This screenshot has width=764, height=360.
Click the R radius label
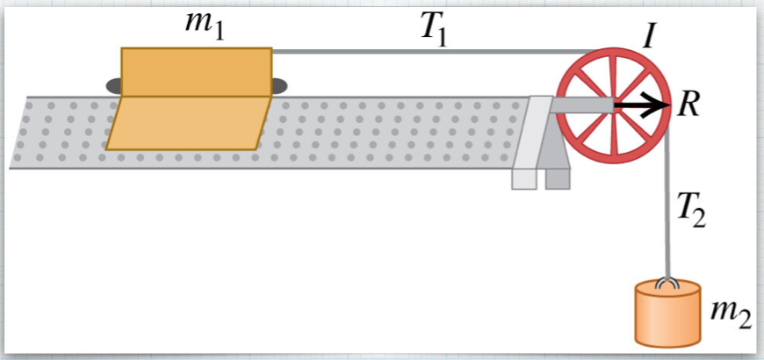click(x=689, y=106)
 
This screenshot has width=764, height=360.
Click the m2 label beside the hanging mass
click(x=730, y=313)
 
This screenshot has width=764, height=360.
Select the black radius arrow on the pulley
click(x=642, y=106)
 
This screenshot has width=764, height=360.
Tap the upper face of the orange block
click(x=196, y=71)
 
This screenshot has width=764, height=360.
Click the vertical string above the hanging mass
click(x=669, y=211)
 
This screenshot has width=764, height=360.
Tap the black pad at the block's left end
click(x=114, y=85)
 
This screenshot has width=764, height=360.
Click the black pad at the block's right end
click(x=279, y=85)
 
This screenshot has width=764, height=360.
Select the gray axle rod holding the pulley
click(x=580, y=106)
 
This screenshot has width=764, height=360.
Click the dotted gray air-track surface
click(x=395, y=132)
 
